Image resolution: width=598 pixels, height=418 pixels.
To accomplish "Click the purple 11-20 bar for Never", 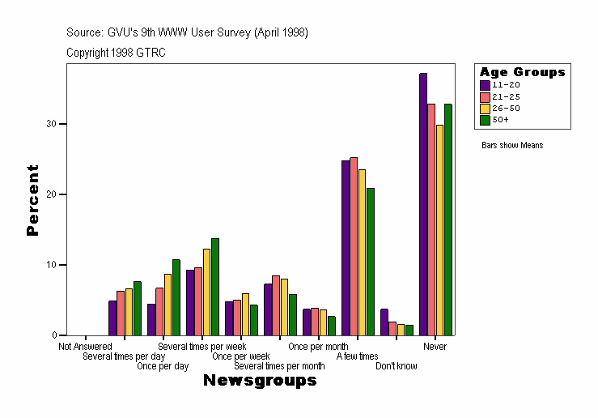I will click(423, 204).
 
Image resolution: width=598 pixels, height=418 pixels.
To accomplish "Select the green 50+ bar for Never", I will click(448, 220).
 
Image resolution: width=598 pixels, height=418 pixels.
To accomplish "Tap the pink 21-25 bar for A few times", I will click(354, 246).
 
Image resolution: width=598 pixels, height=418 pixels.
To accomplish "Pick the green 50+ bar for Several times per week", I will click(215, 287).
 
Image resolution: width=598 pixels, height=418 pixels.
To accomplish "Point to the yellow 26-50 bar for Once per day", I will click(168, 305).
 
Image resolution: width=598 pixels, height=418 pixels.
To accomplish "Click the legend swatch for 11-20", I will click(485, 84).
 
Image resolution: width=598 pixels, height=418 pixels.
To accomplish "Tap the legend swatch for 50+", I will click(485, 120).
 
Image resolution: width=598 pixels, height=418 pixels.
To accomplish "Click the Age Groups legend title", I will click(522, 72).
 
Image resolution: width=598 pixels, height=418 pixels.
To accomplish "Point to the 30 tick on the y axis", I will click(62, 124).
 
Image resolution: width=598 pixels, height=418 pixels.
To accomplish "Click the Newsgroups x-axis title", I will click(260, 381).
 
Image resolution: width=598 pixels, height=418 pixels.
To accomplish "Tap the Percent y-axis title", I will click(32, 200).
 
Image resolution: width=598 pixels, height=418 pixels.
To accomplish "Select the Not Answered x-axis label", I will click(85, 347).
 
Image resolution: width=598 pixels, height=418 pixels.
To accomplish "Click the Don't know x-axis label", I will click(397, 366).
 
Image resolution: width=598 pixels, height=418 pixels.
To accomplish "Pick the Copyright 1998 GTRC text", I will click(116, 52).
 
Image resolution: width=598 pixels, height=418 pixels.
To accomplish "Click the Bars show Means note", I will click(512, 146).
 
